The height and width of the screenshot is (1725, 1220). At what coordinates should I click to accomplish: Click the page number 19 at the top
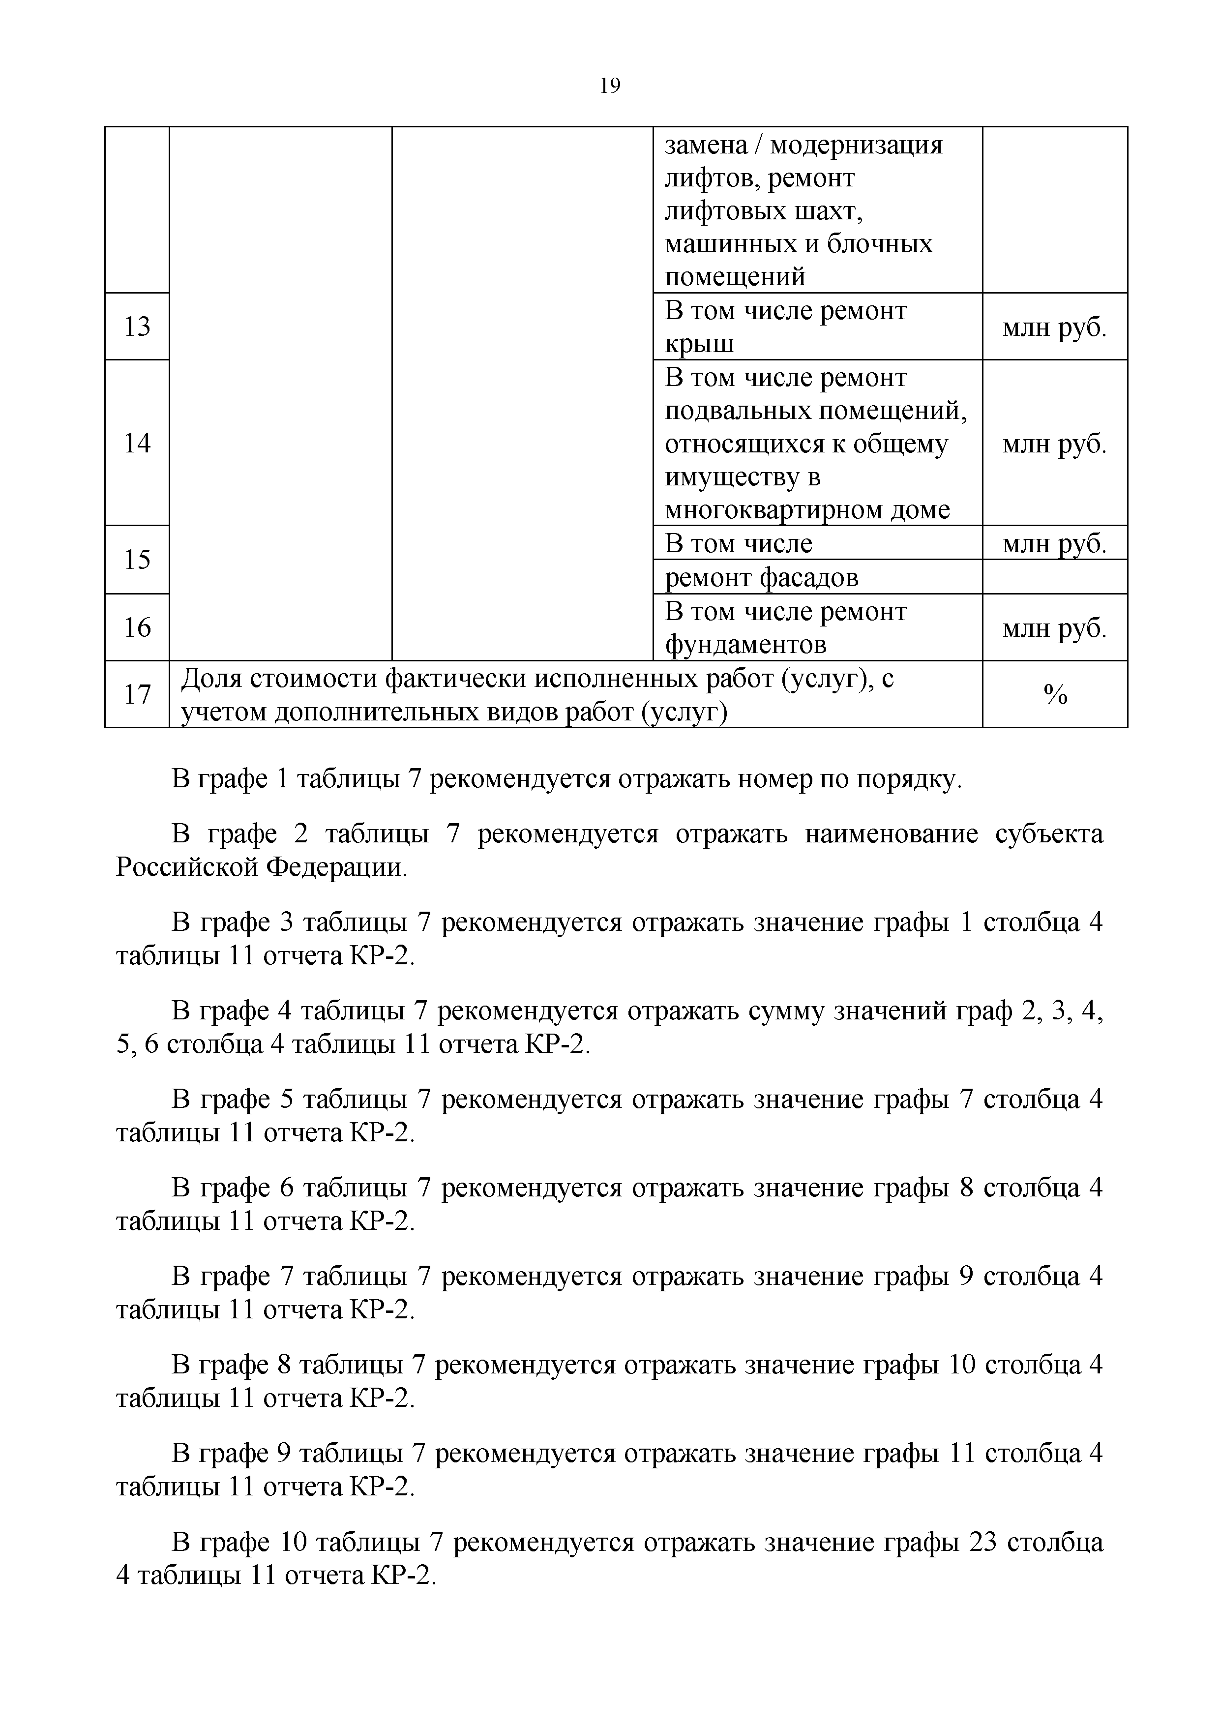coord(610,87)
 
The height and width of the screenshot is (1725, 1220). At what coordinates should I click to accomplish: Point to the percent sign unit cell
coord(1055,695)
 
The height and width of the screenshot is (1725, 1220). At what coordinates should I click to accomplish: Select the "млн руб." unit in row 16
coord(1055,628)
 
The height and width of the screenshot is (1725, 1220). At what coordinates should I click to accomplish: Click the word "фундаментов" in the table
coord(745,645)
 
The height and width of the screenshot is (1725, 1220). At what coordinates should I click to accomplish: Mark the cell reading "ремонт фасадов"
coord(761,577)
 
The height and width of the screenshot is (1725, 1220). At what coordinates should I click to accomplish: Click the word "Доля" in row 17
coord(212,679)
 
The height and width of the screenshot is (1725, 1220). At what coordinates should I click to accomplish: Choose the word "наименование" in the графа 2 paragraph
coord(892,834)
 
